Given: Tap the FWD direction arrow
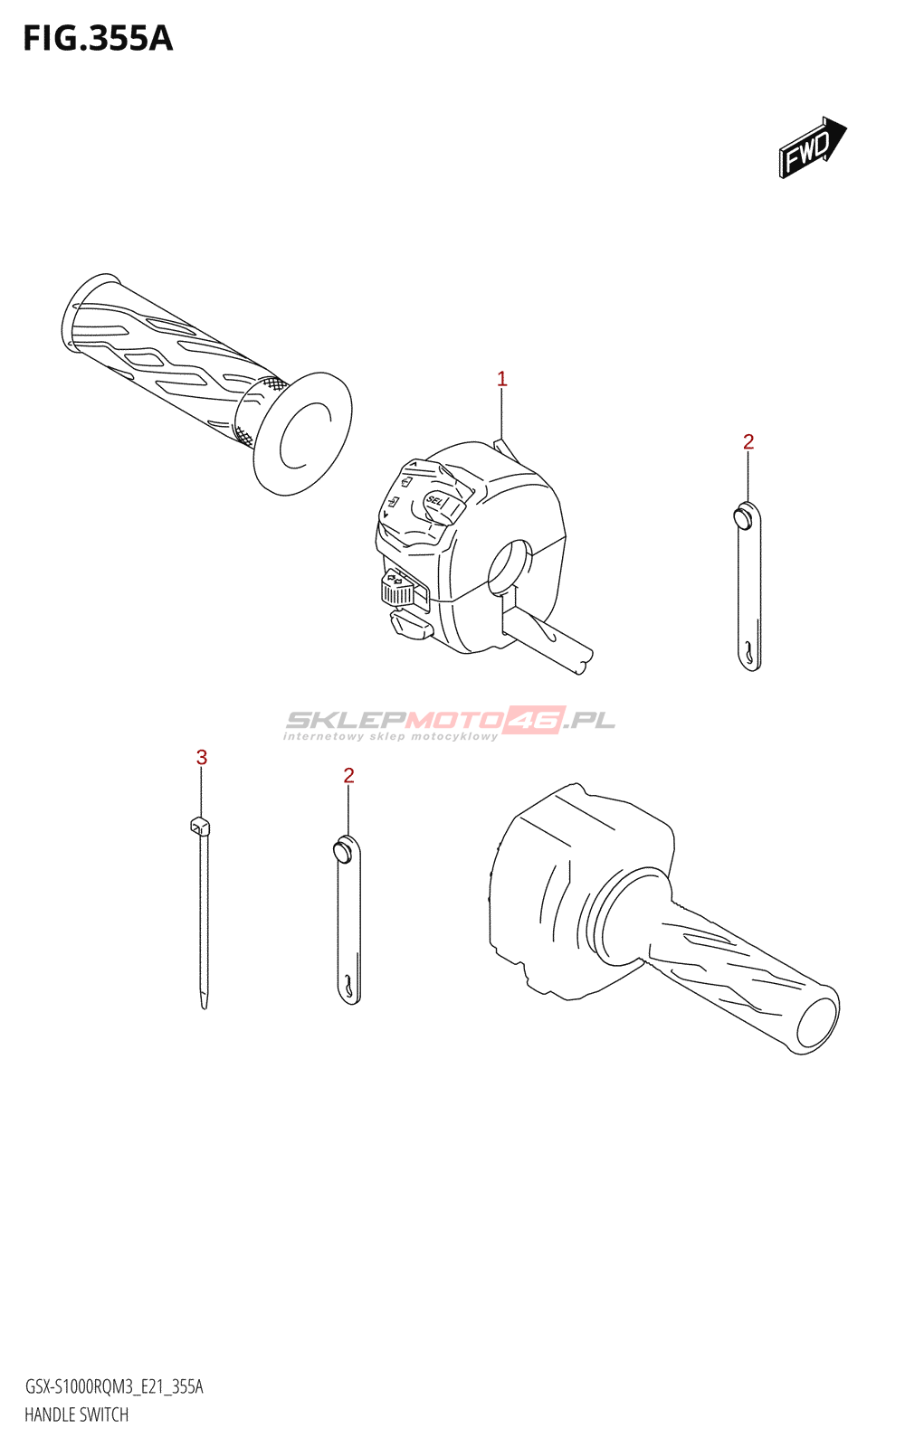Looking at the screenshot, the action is click(x=812, y=147).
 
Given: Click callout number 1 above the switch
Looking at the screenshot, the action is click(x=502, y=380).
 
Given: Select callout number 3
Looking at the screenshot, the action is click(x=202, y=757).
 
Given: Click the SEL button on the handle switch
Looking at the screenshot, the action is click(x=436, y=500).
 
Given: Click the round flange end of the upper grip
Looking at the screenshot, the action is click(x=303, y=433).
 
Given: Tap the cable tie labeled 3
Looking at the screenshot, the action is click(x=203, y=913).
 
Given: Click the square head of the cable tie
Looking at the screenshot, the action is click(x=200, y=825).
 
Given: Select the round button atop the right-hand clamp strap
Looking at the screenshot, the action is click(x=743, y=517).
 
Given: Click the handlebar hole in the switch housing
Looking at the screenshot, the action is click(x=510, y=566).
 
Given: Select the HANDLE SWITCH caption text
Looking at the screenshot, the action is click(x=77, y=1414).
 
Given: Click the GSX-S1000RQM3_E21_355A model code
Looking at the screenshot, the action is click(x=114, y=1386).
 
